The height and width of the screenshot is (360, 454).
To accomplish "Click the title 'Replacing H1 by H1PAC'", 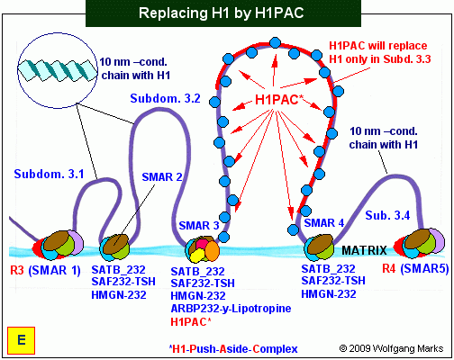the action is point(222,13).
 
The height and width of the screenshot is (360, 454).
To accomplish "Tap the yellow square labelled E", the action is point(22,340).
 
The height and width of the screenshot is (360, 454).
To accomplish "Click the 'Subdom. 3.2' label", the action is point(165,98).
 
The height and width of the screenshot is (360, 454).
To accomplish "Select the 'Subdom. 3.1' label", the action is point(49,174).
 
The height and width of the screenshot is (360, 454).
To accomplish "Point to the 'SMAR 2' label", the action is point(162,177).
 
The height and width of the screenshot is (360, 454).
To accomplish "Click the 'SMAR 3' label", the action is point(199,226).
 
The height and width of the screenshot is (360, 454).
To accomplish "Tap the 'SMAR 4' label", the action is point(324,223).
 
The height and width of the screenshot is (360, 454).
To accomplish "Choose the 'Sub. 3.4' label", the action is point(387,215).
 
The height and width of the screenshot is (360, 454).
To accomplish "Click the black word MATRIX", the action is point(364,250).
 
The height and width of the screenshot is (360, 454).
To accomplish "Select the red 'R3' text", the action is point(17,270).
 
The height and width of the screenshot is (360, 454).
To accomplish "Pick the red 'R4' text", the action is point(389,268).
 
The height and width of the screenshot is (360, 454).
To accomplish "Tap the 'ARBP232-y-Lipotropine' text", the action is point(231,309).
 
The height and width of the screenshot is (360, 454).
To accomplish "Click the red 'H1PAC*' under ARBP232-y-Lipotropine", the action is point(191,322).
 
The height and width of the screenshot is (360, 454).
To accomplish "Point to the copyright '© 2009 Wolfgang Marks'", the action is point(391,348).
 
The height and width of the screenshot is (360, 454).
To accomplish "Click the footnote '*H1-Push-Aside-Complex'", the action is point(233,349).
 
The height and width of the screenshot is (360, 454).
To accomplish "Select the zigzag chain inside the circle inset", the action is point(58,70).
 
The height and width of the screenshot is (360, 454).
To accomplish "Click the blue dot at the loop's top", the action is point(275,43).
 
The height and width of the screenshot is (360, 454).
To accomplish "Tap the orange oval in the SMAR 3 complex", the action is point(212,251).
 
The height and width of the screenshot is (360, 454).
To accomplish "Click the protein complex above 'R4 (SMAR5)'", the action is point(419,243).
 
